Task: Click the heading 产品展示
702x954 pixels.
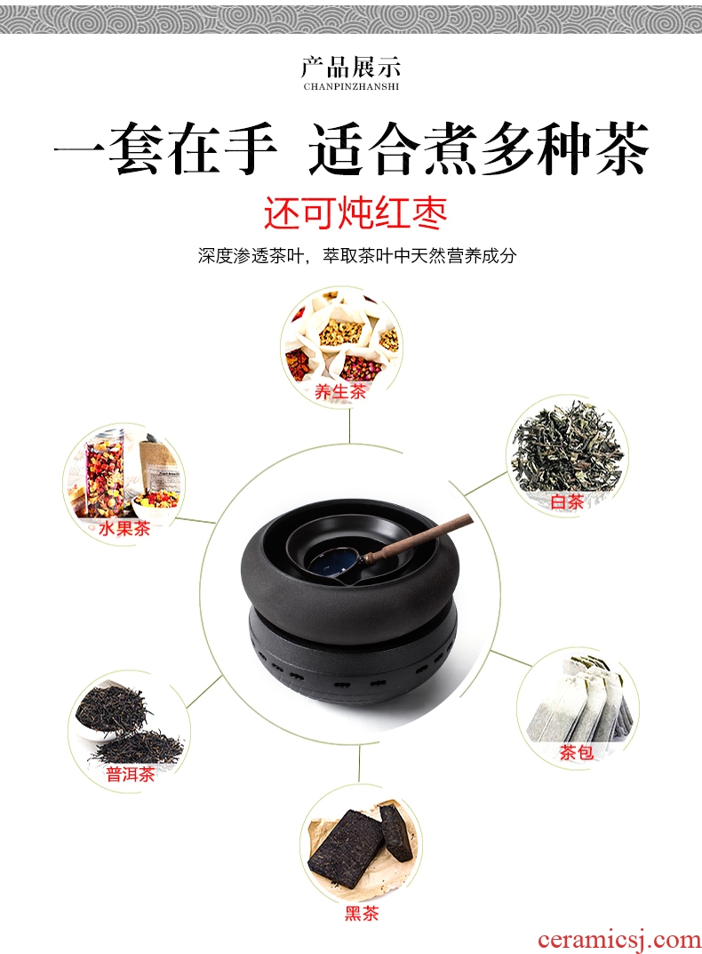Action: [351, 67]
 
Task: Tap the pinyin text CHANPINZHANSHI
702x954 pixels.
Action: [351, 86]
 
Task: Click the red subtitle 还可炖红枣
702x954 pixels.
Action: [355, 213]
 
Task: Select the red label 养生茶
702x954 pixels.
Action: [340, 391]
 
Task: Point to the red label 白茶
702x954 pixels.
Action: [567, 501]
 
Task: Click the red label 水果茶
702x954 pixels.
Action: [124, 527]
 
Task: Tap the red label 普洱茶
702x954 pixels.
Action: [130, 774]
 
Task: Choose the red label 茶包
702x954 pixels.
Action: [576, 752]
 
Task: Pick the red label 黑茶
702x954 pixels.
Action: [362, 912]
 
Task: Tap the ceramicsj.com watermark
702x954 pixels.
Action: [618, 940]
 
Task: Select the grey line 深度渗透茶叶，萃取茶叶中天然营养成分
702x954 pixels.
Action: [356, 255]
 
